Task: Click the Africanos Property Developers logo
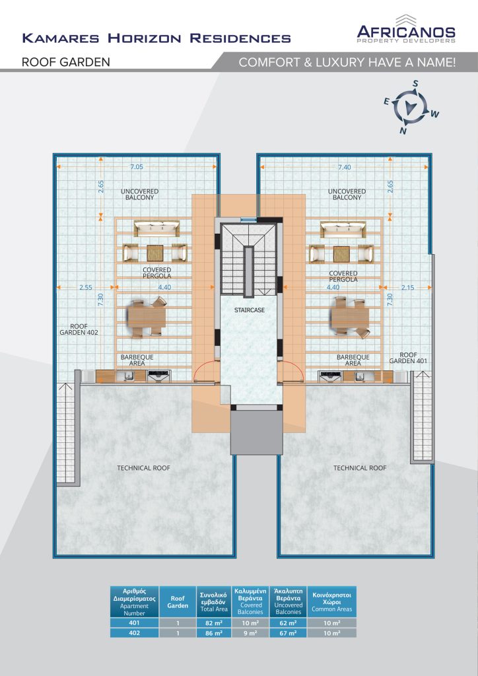[x=406, y=28]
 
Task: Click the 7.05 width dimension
[x=136, y=167]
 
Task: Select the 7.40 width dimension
[x=345, y=167]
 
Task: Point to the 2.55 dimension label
[x=85, y=288]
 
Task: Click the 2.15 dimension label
[x=407, y=288]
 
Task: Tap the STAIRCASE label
[x=250, y=310]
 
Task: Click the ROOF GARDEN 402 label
[x=79, y=329]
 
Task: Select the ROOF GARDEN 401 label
[x=408, y=357]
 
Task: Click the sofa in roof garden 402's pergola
[x=156, y=228]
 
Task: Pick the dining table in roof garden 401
[x=349, y=318]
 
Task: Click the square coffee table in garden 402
[x=155, y=253]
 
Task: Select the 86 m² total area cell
[x=214, y=633]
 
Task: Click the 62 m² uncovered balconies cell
[x=288, y=623]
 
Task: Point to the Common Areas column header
[x=332, y=602]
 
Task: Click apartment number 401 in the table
[x=134, y=623]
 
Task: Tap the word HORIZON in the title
[x=145, y=38]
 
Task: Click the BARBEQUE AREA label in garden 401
[x=353, y=360]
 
